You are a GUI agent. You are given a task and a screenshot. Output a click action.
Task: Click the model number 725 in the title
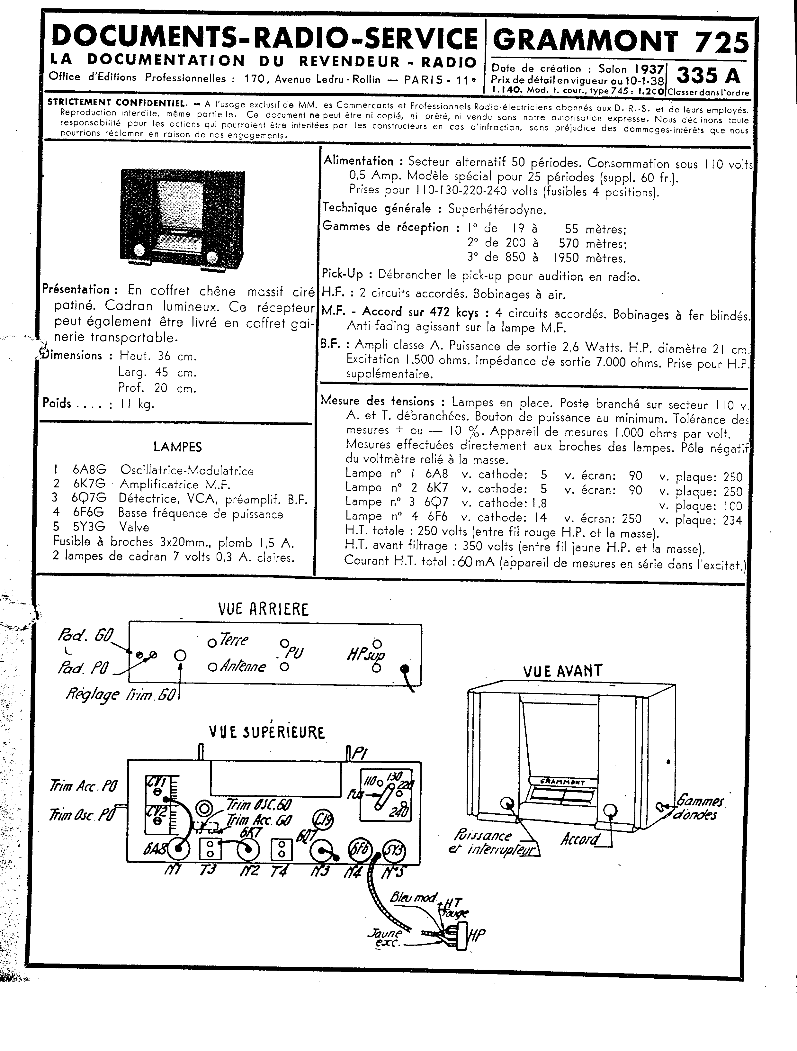tap(721, 42)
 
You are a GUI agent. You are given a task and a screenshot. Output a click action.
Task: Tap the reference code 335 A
tap(708, 75)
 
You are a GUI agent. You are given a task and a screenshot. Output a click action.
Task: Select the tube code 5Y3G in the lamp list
tap(89, 527)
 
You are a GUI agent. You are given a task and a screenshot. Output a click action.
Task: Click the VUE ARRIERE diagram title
tap(263, 609)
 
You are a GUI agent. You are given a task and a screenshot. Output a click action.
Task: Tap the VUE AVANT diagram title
tap(562, 671)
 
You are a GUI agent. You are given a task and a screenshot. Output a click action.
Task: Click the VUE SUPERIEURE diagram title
tap(267, 732)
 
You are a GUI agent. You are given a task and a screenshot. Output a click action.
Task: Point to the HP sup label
tap(366, 657)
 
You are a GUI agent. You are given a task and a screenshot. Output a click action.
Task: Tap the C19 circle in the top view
tap(323, 820)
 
